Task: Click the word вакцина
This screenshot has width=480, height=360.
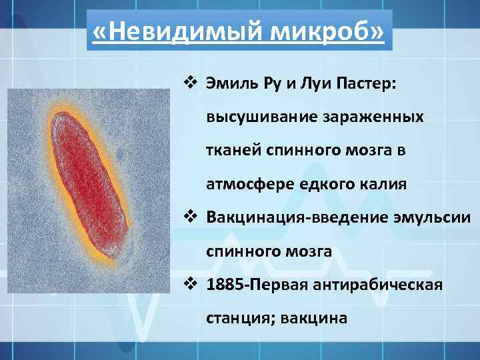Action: [x=315, y=318]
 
